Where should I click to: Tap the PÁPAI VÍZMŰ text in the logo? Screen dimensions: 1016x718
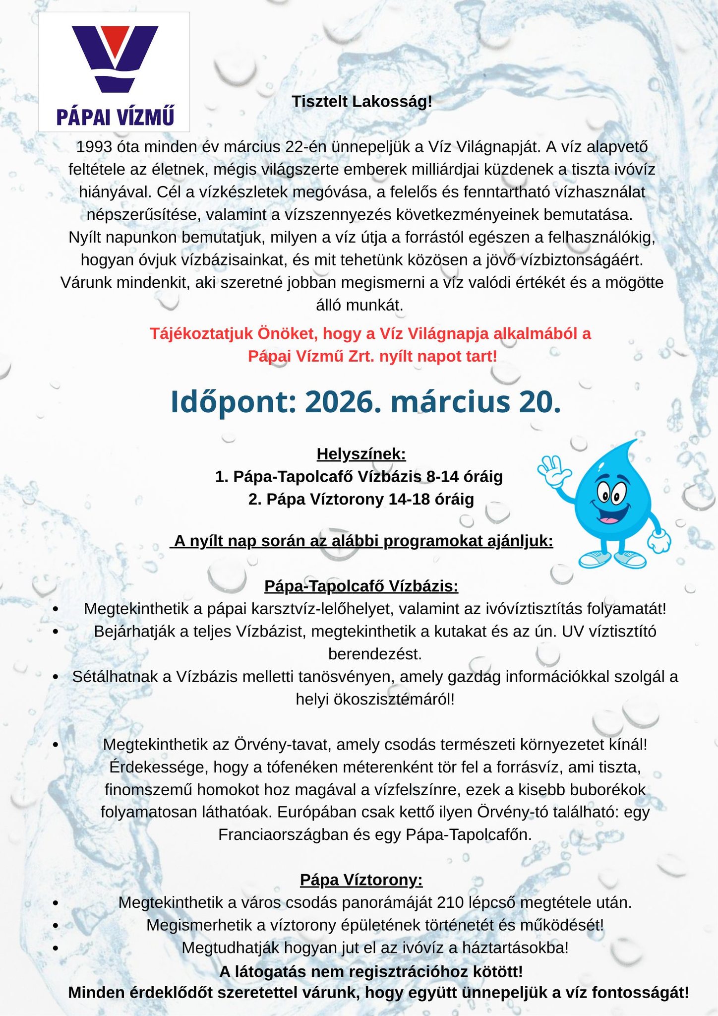pyautogui.click(x=115, y=117)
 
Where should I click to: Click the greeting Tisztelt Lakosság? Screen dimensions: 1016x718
pyautogui.click(x=362, y=102)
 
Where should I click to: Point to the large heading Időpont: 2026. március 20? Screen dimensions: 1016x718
pyautogui.click(x=366, y=402)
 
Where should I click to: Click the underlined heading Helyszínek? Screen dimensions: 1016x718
pyautogui.click(x=361, y=454)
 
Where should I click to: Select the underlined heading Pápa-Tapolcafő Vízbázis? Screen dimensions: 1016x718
pyautogui.click(x=361, y=586)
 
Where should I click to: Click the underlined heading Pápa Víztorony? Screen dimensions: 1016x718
pyautogui.click(x=361, y=880)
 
